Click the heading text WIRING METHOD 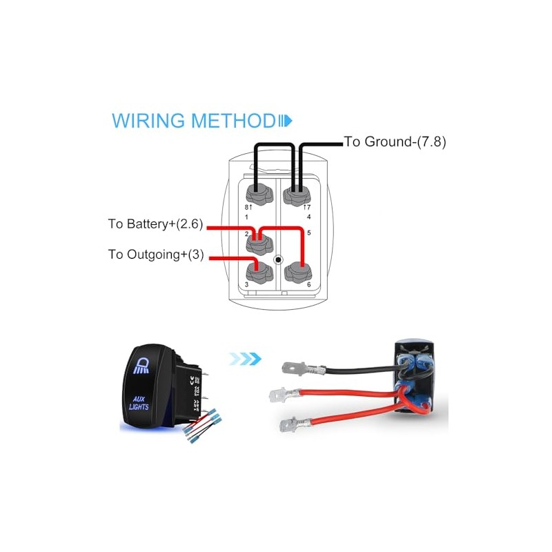193,121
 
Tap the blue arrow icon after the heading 285,121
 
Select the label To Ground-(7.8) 395,143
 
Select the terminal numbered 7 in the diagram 298,191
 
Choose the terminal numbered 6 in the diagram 298,273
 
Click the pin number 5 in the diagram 308,233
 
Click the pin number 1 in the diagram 247,217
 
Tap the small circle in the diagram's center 277,261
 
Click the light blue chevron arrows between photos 247,358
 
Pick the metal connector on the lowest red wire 287,424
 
